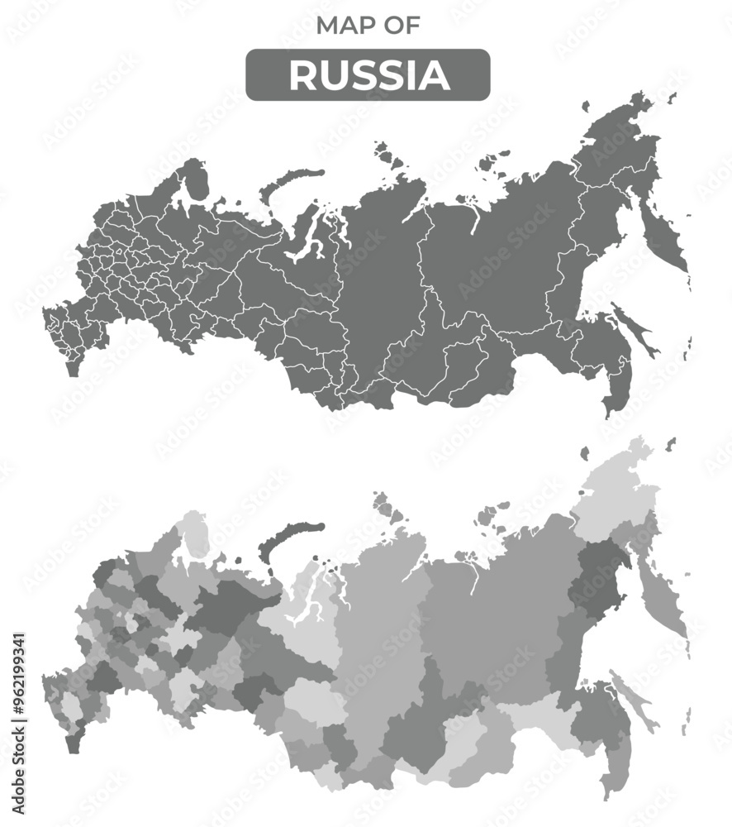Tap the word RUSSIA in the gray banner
tap(368, 75)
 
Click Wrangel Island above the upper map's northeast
tap(585, 107)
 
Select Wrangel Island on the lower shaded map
tap(585, 453)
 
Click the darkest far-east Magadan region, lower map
tap(601, 579)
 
